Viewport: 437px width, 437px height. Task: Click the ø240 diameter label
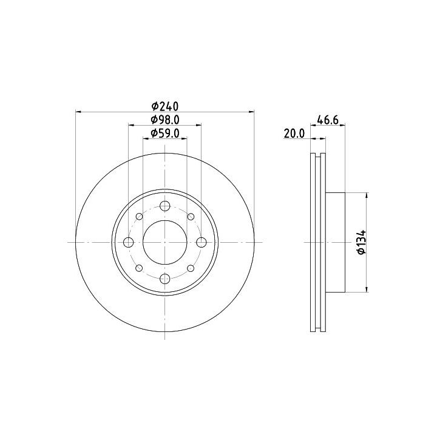click(164, 106)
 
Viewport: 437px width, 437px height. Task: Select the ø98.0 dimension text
click(164, 120)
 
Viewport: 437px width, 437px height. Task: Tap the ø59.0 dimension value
click(164, 134)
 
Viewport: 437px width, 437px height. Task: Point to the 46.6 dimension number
click(328, 120)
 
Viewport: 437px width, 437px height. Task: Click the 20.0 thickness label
click(294, 134)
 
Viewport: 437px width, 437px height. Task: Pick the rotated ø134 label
click(362, 242)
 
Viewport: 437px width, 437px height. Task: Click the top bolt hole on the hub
click(165, 206)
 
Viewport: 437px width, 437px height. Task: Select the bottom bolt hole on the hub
click(165, 279)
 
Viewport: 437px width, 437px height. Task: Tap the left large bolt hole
click(129, 242)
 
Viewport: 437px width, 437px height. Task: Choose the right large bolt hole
click(202, 242)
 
